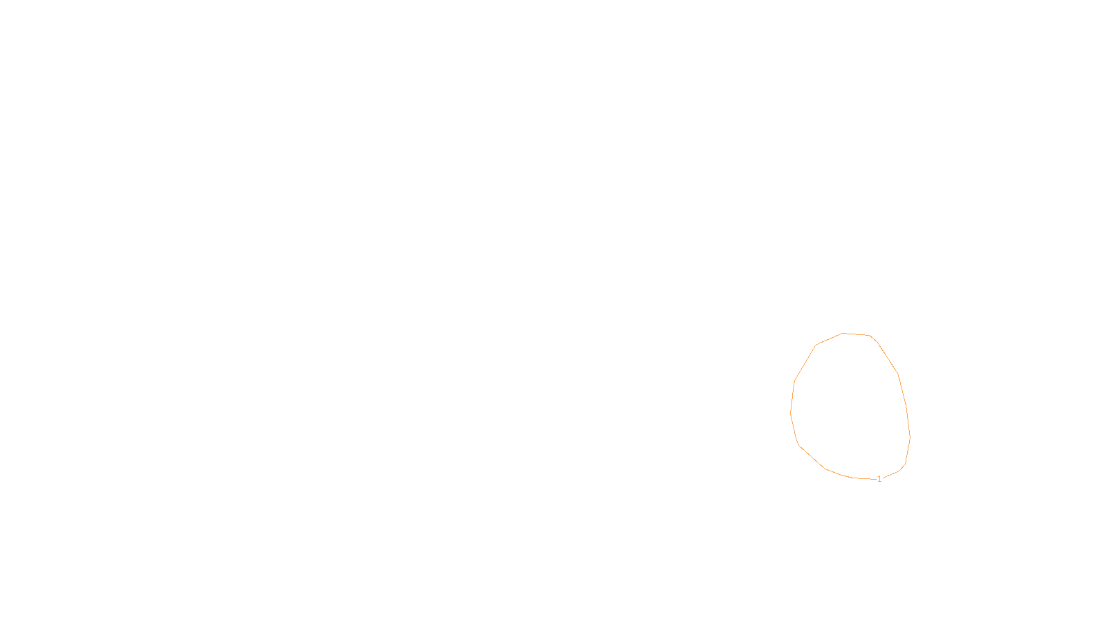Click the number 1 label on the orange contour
879,479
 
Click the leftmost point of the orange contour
791,413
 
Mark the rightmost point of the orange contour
910,437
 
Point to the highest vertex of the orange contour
843,333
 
